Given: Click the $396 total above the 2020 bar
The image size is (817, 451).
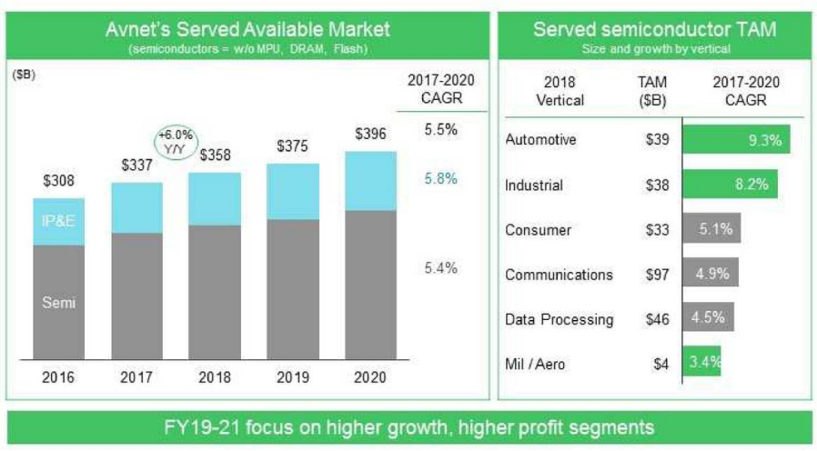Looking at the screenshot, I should (x=370, y=135).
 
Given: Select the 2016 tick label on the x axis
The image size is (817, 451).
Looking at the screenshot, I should (x=59, y=376).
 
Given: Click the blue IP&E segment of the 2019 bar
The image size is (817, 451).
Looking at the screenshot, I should (x=293, y=191).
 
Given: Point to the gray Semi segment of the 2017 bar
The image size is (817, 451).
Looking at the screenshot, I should (x=136, y=296).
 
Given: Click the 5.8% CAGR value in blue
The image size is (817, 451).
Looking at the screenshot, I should (x=440, y=179).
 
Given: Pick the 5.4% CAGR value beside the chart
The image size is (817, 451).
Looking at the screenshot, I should (x=440, y=268).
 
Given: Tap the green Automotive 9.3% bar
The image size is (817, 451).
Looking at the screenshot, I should (x=735, y=140).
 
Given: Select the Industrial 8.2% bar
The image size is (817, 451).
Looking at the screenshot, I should (x=729, y=185).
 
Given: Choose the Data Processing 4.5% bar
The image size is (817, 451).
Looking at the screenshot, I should (x=708, y=319).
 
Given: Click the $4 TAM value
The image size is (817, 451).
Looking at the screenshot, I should (x=661, y=365).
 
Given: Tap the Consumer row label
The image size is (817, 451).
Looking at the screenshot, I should (x=538, y=230).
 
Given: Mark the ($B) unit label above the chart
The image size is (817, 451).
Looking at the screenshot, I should (x=24, y=75).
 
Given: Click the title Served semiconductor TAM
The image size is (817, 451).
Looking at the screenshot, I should (x=654, y=29).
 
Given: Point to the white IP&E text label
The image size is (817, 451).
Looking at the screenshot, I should (x=58, y=221).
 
